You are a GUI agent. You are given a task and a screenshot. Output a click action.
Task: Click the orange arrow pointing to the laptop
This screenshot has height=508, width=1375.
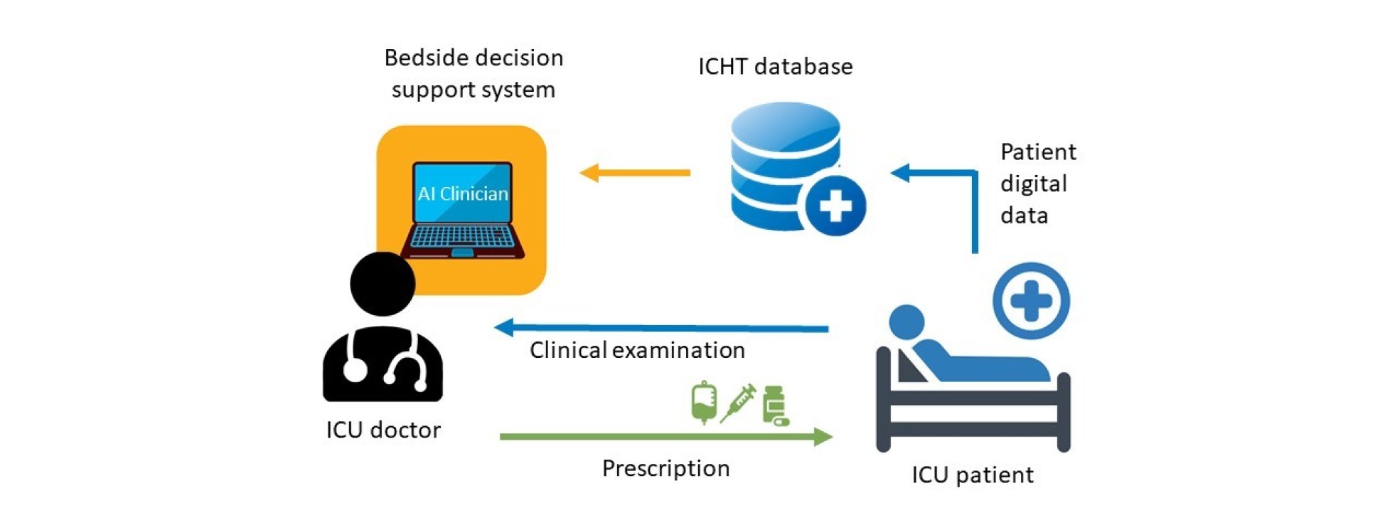click(634, 172)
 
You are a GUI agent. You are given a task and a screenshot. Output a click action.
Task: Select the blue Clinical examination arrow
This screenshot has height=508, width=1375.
click(661, 328)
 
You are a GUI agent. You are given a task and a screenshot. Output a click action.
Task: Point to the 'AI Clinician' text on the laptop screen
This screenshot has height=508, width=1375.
click(463, 194)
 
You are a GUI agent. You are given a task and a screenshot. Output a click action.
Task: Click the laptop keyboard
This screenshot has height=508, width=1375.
click(463, 237)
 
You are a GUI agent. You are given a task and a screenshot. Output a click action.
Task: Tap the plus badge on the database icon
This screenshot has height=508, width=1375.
click(835, 206)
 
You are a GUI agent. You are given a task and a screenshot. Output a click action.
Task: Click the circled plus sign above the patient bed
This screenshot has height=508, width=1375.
click(1031, 300)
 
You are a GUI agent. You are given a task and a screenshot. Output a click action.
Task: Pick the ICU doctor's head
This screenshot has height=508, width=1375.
click(382, 283)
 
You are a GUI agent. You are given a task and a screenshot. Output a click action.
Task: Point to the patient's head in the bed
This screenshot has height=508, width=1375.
click(906, 322)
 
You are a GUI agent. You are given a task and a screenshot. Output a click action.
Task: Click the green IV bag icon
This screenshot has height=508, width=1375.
click(704, 403)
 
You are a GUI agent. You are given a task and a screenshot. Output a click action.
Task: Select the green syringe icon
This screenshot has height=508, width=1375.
click(737, 403)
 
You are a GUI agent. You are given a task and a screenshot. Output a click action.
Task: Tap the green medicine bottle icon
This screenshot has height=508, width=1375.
click(774, 406)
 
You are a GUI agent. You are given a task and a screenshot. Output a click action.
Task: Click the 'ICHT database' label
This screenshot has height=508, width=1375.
click(775, 66)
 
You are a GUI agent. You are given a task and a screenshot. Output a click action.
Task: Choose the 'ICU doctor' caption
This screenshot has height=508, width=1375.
click(383, 430)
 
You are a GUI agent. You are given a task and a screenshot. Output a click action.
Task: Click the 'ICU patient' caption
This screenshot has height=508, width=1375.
click(972, 475)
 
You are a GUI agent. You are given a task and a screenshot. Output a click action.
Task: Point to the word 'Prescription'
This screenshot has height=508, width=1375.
click(665, 468)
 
